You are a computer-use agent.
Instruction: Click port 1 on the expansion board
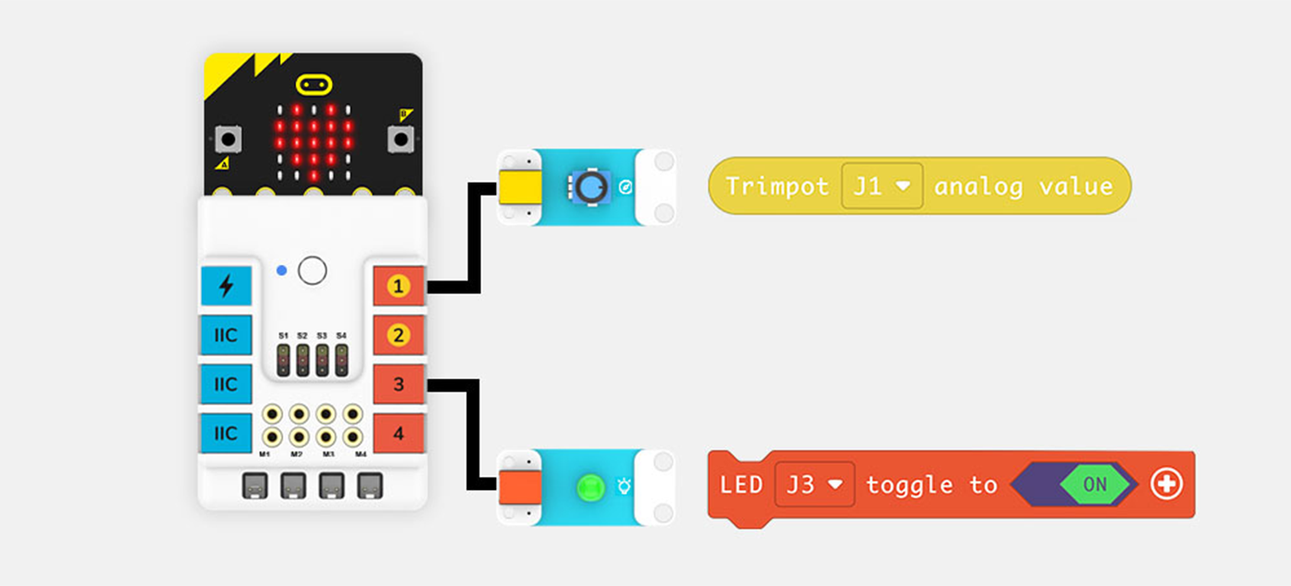click(x=398, y=287)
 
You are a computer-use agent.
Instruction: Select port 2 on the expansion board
click(x=398, y=335)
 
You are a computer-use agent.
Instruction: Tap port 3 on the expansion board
click(x=398, y=384)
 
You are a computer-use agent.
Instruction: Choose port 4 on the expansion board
click(x=398, y=432)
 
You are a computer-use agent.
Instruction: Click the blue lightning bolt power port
click(x=226, y=287)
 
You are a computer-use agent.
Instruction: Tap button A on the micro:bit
click(x=226, y=140)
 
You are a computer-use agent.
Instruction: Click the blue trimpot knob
click(x=587, y=186)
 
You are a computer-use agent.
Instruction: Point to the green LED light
click(x=587, y=486)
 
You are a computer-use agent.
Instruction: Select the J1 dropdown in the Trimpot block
click(x=882, y=186)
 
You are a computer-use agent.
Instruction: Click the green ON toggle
click(x=1095, y=484)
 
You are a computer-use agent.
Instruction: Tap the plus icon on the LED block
click(x=1167, y=484)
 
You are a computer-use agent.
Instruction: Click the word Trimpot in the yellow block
click(x=776, y=186)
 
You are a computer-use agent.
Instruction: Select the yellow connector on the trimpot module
click(x=521, y=187)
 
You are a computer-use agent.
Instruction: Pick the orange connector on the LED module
click(x=521, y=487)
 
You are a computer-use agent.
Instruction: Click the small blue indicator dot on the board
click(x=282, y=270)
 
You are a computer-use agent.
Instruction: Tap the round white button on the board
click(x=314, y=270)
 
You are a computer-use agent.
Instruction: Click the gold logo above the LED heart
click(x=314, y=85)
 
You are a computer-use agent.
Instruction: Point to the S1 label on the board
click(x=283, y=335)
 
